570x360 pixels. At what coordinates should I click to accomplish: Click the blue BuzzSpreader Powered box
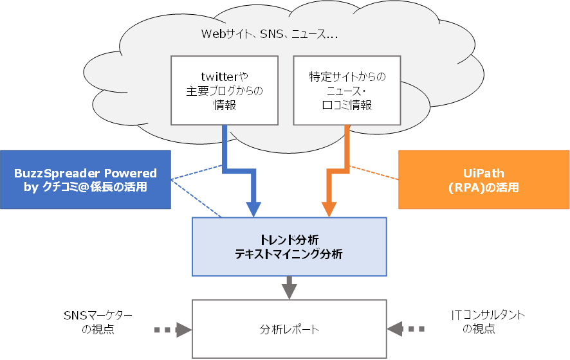click(86, 180)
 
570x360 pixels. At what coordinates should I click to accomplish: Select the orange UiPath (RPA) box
click(483, 180)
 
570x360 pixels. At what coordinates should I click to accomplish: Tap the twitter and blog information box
click(225, 90)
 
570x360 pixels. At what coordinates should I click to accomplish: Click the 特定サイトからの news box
click(347, 90)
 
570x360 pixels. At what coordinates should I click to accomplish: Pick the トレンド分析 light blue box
click(290, 246)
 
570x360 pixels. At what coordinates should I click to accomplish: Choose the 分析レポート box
click(290, 330)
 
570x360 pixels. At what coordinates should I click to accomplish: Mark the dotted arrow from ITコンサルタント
click(405, 329)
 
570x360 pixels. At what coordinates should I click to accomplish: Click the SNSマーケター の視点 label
click(98, 322)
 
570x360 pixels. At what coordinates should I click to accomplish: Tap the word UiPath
click(483, 174)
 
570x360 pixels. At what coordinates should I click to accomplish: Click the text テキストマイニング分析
click(289, 254)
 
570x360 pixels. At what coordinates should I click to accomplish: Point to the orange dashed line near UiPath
click(376, 174)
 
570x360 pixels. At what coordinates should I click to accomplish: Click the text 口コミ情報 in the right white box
click(347, 105)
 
